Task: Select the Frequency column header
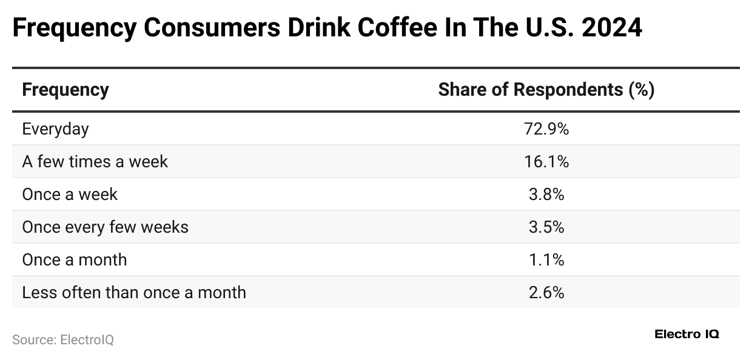pyautogui.click(x=65, y=90)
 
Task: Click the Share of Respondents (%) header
pyautogui.click(x=546, y=90)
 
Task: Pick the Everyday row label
pyautogui.click(x=55, y=128)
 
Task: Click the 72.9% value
pyautogui.click(x=546, y=128)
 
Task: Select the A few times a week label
pyautogui.click(x=95, y=161)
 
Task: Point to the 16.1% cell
pyautogui.click(x=546, y=161)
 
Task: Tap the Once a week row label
pyautogui.click(x=70, y=194)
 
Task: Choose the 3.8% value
pyautogui.click(x=546, y=194)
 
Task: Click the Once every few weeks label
pyautogui.click(x=105, y=227)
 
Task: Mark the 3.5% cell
pyautogui.click(x=546, y=227)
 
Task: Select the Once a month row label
pyautogui.click(x=75, y=259)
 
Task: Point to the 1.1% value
pyautogui.click(x=546, y=259)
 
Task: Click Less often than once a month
pyautogui.click(x=134, y=292)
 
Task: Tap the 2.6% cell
pyautogui.click(x=546, y=292)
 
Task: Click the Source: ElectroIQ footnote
pyautogui.click(x=63, y=340)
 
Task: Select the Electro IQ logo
pyautogui.click(x=687, y=335)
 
